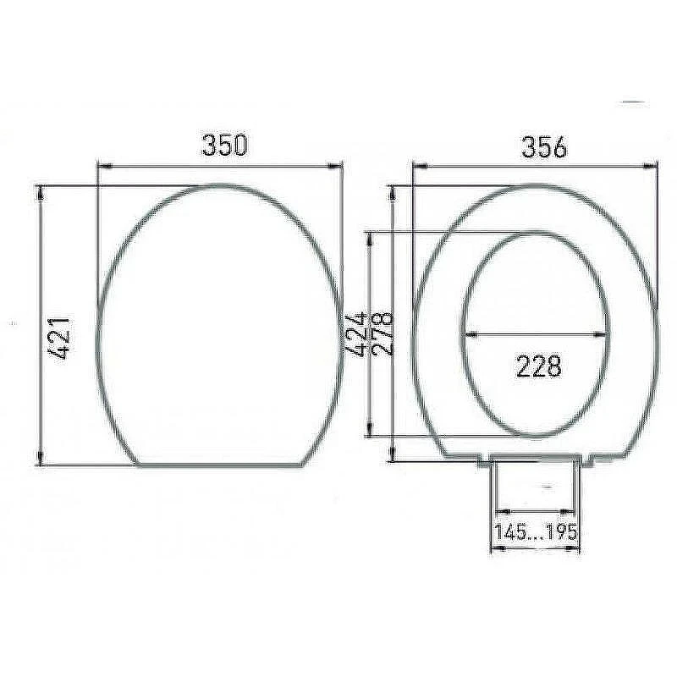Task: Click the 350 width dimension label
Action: point(225,145)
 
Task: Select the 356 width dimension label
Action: point(544,146)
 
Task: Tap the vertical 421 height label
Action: point(59,338)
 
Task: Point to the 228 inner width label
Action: point(539,366)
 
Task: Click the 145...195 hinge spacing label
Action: point(536,531)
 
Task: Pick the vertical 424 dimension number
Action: point(356,333)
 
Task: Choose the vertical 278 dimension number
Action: point(383,333)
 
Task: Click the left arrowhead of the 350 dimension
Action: point(105,166)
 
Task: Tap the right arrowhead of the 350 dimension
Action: point(335,165)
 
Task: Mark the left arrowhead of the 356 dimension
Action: point(420,165)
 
